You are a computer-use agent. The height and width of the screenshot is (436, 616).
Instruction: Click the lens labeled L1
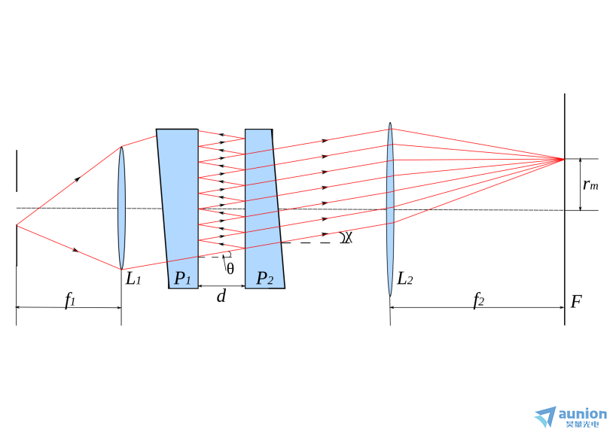121,208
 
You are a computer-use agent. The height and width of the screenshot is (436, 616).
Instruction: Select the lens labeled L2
390,209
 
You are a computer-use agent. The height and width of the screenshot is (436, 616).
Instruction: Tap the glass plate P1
178,208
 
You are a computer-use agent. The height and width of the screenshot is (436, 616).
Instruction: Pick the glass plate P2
264,208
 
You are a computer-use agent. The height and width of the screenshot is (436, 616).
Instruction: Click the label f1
69,300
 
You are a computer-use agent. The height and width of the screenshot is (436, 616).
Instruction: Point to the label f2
478,300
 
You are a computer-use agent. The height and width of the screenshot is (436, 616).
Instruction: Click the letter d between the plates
221,295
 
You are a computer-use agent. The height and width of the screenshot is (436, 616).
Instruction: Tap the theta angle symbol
230,269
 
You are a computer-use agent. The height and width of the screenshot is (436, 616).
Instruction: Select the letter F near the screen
575,302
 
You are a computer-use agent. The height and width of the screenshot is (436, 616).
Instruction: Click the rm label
590,184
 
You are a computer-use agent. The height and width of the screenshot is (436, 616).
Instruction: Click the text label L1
133,279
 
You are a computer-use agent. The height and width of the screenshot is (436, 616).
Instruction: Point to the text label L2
405,279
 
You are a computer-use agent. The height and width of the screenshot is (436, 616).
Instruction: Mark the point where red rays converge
564,159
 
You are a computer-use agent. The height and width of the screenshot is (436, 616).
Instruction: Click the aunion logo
571,417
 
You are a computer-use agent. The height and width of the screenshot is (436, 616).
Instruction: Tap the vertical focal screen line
565,209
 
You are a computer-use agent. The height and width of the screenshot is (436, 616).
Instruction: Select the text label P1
182,278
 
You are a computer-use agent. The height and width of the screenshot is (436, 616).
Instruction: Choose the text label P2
265,278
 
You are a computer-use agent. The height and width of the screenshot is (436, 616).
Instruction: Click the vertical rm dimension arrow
581,184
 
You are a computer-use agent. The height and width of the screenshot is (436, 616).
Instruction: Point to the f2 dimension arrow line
477,307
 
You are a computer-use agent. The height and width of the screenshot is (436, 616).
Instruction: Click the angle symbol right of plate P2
347,237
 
